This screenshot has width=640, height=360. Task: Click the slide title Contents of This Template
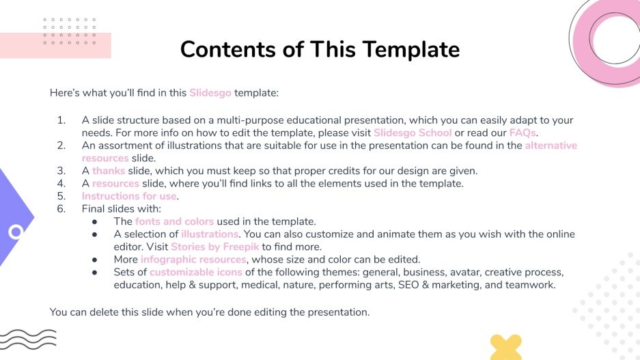tap(320, 49)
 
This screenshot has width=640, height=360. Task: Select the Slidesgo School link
tap(413, 133)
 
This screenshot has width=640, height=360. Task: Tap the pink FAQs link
tap(523, 133)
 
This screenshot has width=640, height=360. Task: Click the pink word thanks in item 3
tap(109, 171)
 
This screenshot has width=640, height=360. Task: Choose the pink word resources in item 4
tap(115, 183)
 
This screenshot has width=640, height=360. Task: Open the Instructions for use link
tap(129, 196)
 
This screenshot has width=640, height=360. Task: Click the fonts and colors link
tap(174, 221)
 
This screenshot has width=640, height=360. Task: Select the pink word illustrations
tap(210, 234)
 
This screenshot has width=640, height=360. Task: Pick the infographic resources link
tap(193, 260)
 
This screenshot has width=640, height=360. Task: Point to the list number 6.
tap(61, 209)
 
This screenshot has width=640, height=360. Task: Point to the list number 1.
tap(61, 120)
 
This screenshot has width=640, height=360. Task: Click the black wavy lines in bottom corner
tap(27, 338)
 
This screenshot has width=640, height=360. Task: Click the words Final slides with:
tap(121, 209)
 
